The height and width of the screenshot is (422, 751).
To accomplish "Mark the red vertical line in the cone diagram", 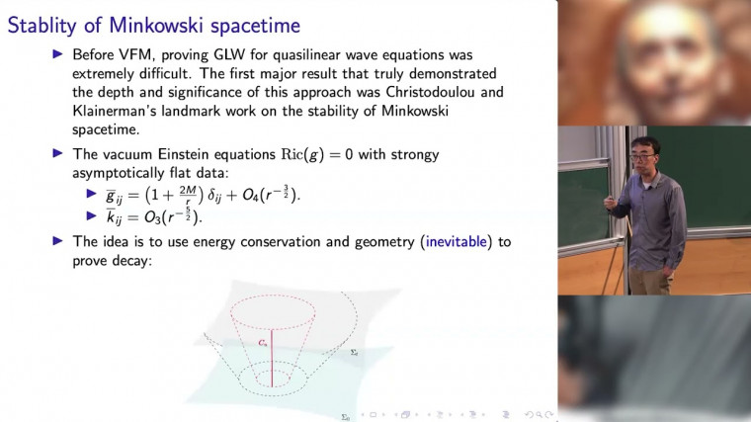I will [271, 352].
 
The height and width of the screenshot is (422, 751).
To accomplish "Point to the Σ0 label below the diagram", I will [345, 417].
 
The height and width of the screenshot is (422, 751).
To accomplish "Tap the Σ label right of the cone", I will [354, 351].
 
